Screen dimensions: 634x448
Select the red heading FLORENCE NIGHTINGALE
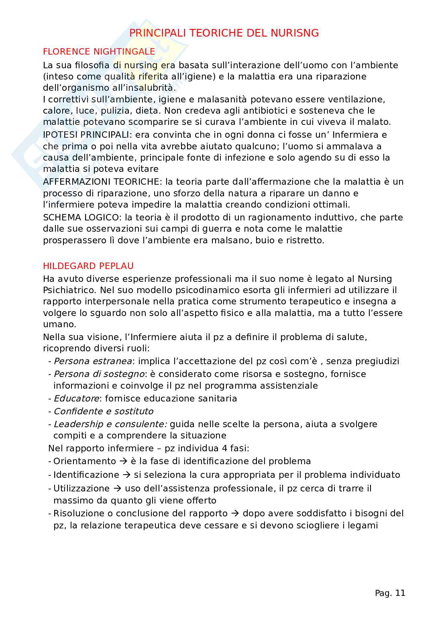tap(99, 52)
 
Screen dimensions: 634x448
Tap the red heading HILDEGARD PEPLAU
tap(88, 266)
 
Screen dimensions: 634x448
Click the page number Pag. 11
tap(390, 593)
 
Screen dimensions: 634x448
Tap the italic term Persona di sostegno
tap(99, 374)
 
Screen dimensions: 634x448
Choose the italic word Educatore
tap(76, 398)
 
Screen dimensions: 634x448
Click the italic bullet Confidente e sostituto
tap(103, 411)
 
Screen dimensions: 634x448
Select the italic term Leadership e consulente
tap(110, 424)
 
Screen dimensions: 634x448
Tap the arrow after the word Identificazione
tap(126, 475)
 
